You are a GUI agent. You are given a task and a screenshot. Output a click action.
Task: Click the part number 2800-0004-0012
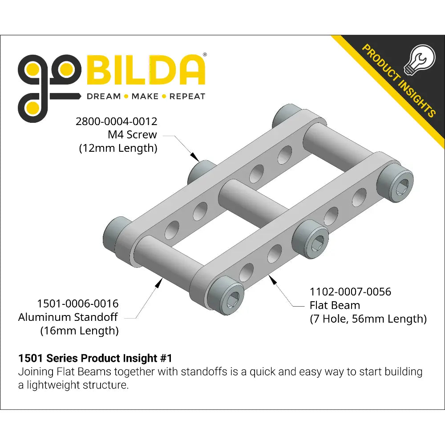point(116,121)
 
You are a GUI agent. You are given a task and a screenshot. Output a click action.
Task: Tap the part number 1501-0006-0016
point(78,303)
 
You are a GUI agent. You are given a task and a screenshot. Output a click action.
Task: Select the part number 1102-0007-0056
point(350,292)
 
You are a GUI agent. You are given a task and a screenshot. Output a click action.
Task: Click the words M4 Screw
point(132,134)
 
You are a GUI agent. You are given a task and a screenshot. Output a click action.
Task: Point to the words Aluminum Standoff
point(68,317)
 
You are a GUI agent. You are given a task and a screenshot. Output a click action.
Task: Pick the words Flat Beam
point(335,305)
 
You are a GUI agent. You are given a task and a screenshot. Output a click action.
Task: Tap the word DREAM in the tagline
point(104,97)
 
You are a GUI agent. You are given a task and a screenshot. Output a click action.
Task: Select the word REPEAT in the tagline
point(187,97)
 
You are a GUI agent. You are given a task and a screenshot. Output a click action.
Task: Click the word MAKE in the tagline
point(145,97)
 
